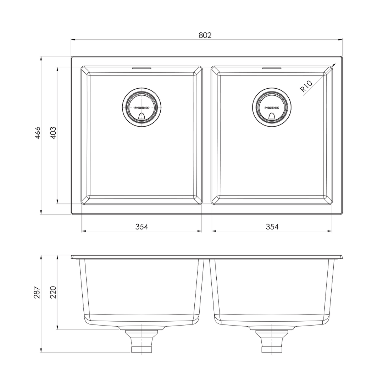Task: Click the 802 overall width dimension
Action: (205, 35)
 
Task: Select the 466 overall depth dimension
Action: (37, 133)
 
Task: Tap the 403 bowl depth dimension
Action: (53, 133)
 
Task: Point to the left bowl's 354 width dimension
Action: (141, 227)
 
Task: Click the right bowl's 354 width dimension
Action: (272, 227)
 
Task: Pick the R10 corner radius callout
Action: (306, 86)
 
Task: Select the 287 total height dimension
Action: (37, 292)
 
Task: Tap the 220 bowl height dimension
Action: (53, 292)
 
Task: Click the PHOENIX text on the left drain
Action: (141, 108)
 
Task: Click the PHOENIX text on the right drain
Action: (272, 108)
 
